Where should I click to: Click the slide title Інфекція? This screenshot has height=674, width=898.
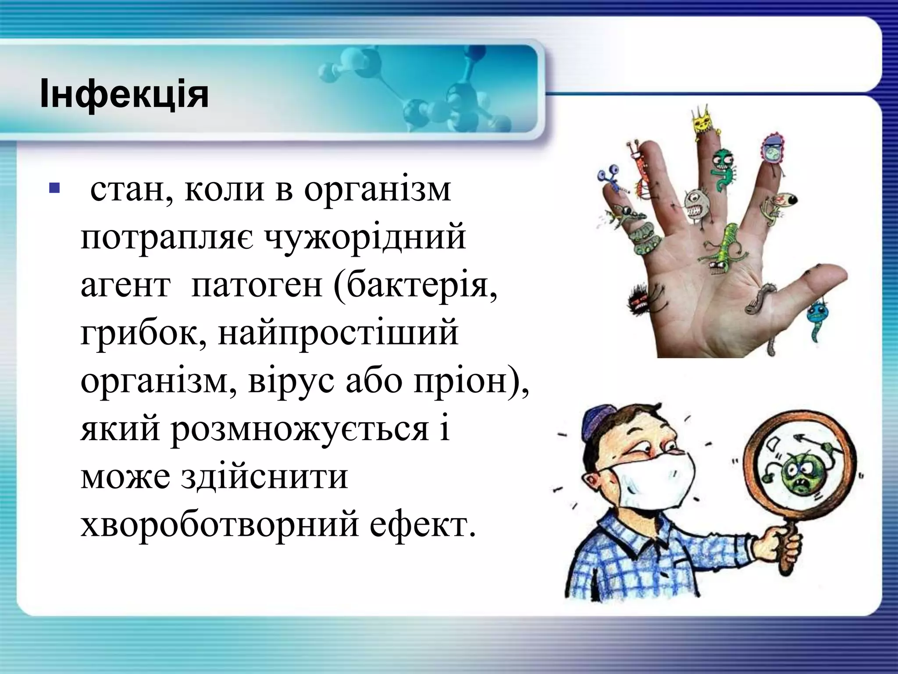click(124, 94)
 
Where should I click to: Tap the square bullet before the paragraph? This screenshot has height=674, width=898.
click(54, 188)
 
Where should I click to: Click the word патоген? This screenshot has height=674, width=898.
click(257, 285)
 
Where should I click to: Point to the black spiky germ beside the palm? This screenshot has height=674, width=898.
click(641, 302)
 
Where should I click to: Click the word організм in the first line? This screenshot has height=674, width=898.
click(377, 190)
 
